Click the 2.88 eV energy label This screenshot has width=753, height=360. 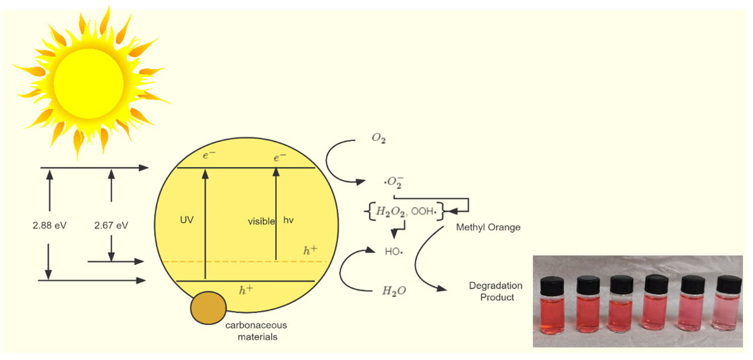pos(50,225)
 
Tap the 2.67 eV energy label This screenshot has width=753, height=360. pos(111,225)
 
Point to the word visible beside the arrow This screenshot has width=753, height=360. pos(261,221)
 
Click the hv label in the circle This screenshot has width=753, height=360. pos(288,220)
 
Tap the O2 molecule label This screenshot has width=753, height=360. pos(379,139)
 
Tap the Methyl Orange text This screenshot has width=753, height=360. pos(488,227)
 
